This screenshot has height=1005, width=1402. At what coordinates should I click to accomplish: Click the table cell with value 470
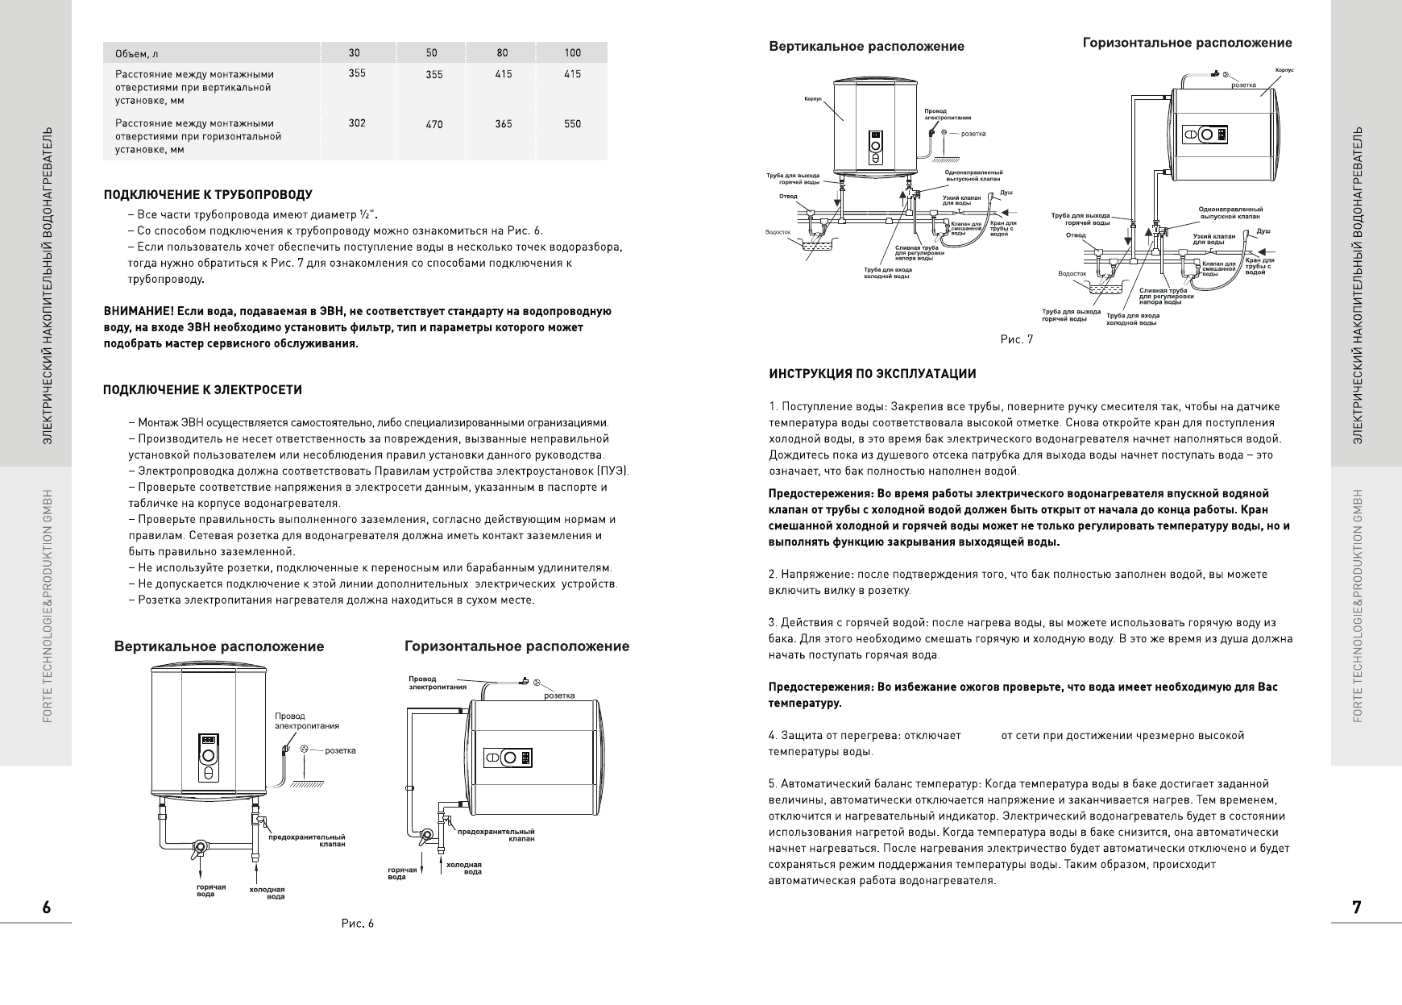(x=433, y=124)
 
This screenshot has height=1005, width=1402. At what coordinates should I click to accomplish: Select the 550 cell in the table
(x=572, y=124)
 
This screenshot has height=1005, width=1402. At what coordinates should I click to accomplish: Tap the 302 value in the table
(x=356, y=123)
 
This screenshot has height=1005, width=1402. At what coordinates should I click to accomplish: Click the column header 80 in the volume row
(x=503, y=53)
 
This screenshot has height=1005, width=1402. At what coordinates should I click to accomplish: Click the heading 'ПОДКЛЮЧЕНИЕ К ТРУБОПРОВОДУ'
(x=208, y=195)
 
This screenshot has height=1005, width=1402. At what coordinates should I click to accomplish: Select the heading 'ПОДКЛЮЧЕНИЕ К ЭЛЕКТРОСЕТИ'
(x=203, y=390)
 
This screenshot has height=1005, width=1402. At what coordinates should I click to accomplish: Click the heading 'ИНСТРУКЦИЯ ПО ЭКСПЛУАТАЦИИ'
(x=873, y=374)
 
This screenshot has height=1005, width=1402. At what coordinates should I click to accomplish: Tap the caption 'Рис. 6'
(x=358, y=924)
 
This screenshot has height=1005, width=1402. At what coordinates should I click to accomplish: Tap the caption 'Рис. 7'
(x=1016, y=339)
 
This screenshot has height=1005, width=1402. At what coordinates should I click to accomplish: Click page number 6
(x=47, y=907)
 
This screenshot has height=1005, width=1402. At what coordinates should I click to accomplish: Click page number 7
(x=1357, y=907)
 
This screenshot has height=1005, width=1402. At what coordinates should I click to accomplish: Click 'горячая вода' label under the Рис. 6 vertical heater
(x=211, y=890)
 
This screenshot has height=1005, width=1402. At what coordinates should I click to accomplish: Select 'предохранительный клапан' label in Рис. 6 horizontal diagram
(x=496, y=835)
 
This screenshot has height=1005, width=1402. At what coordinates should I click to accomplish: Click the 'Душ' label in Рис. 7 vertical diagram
(x=1006, y=193)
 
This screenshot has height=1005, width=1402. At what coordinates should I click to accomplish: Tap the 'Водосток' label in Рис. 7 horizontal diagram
(x=1072, y=274)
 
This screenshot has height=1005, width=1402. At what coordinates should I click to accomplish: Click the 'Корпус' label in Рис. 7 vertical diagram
(x=813, y=99)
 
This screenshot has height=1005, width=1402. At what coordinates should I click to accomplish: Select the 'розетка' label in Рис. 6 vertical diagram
(x=340, y=750)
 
